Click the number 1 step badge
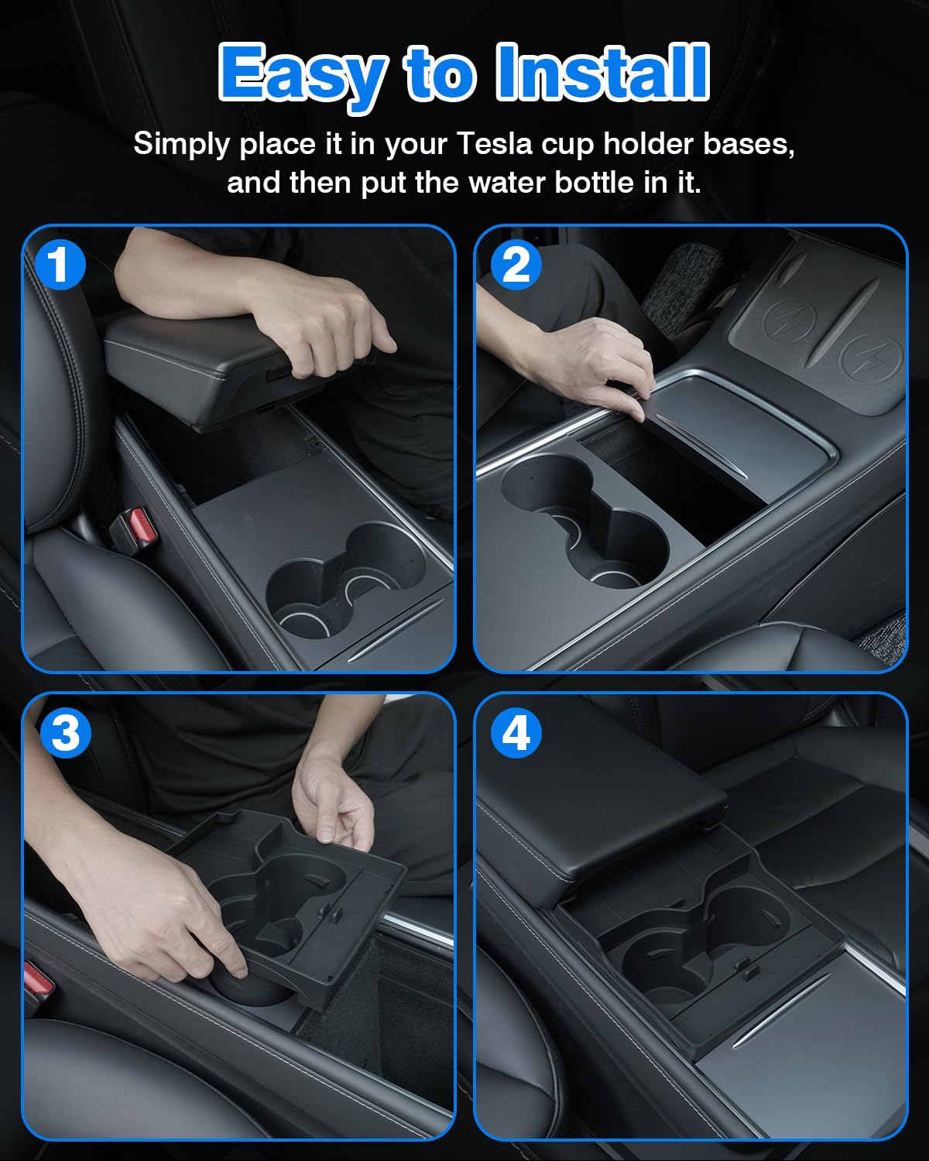coord(60,265)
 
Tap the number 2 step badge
coord(516,265)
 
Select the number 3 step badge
coord(66,733)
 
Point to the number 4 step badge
coord(516,733)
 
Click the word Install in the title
coord(603,72)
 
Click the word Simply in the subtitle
coord(181,145)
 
